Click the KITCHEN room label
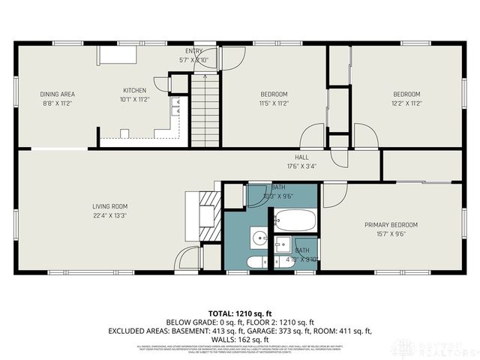[x=134, y=90]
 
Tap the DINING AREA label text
[x=57, y=94]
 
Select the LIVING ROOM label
[x=109, y=207]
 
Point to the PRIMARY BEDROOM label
[x=391, y=225]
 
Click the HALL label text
[x=282, y=157]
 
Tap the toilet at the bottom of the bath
[x=255, y=262]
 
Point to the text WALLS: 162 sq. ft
[x=239, y=338]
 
